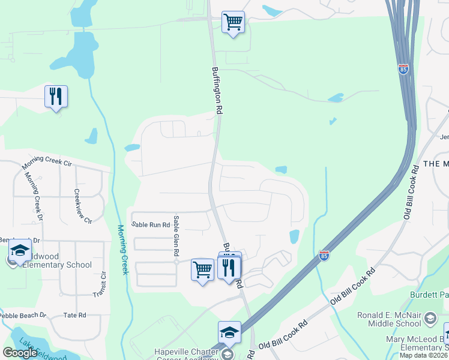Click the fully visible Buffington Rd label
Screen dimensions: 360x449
217,90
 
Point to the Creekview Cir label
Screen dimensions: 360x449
82,206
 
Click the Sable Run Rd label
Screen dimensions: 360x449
151,224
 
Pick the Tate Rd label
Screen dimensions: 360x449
74,315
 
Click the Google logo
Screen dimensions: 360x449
20,353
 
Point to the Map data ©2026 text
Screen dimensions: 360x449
423,355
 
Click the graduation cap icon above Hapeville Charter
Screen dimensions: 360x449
229,332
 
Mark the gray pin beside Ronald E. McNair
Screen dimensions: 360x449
430,317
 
